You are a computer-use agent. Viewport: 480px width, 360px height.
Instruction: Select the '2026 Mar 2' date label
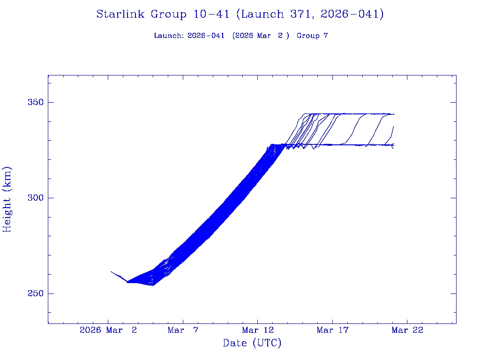pos(108,330)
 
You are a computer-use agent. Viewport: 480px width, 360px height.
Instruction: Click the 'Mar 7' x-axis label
pos(183,330)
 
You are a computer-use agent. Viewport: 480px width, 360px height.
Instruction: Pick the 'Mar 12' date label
pos(257,330)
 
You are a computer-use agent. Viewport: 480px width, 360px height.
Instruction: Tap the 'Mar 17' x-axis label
pos(332,330)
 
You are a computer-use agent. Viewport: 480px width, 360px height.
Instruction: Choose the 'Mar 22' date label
pos(407,330)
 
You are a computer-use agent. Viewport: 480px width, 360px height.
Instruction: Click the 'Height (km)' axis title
pos(7,199)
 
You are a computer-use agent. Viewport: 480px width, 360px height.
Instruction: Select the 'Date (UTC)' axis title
pos(252,343)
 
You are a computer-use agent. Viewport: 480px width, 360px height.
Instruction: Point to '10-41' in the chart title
pos(211,14)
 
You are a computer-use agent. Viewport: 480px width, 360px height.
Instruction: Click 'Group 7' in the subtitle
pos(312,36)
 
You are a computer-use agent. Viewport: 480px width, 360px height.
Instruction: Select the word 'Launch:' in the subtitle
pos(169,36)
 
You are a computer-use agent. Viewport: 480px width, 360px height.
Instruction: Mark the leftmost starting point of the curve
pos(111,271)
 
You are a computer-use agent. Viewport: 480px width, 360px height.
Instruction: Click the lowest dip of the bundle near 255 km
pos(152,285)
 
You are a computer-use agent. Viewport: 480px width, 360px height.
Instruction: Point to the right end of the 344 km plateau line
pos(394,114)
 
